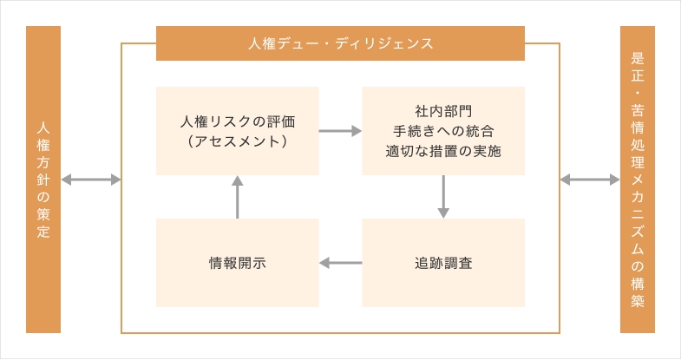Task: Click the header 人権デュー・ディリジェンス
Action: [340, 43]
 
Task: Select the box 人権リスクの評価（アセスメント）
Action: [237, 130]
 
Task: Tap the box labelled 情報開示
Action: [237, 263]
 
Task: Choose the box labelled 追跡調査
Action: [443, 263]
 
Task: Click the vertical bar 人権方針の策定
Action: [43, 180]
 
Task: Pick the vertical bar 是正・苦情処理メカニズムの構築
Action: [638, 180]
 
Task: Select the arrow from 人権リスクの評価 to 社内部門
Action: [340, 131]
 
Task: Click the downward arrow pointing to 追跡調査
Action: [443, 197]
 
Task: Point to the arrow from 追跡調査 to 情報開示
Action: [340, 263]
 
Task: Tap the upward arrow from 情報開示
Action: [237, 197]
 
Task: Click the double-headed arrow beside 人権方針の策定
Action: [90, 180]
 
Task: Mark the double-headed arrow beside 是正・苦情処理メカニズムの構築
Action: [590, 180]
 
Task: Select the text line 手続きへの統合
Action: [443, 131]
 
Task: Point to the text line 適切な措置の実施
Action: [443, 150]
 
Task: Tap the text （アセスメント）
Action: [237, 140]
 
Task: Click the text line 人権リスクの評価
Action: [237, 121]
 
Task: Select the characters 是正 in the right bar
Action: [638, 69]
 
